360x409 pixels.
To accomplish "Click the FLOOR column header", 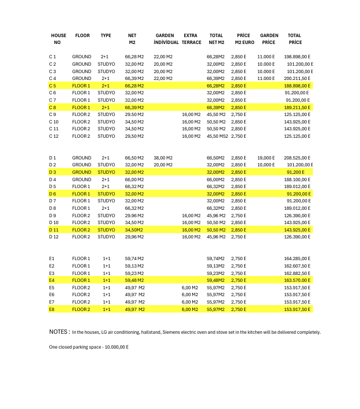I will click(83, 35).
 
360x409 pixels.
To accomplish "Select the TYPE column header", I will click(106, 35).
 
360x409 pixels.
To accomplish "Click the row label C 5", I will click(52, 85).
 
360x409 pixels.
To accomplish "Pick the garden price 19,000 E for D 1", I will click(266, 158).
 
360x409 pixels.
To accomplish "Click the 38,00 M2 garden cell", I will click(163, 158).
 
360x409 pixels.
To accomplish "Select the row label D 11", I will click(53, 230).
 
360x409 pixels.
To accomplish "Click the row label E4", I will click(51, 280).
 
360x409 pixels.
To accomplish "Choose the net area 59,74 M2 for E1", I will click(134, 259).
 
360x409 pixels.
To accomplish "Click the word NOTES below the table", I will click(59, 332).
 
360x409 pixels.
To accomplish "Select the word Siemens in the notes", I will click(190, 332).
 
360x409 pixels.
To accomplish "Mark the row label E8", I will click(51, 309).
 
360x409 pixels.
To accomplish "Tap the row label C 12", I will click(53, 136).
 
